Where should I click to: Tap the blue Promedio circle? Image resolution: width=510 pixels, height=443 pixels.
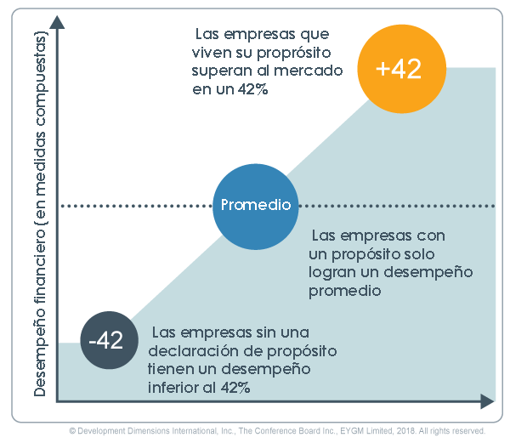[256, 205]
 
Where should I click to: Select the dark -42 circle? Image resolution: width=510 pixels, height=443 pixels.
[106, 341]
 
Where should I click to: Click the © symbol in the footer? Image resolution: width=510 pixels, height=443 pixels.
[73, 431]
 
